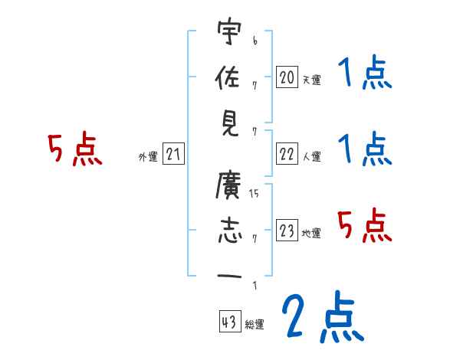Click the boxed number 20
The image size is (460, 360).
pos(287,77)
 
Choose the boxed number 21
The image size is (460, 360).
pos(173,155)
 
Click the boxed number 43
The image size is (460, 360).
pos(228,323)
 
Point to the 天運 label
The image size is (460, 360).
pos(311,80)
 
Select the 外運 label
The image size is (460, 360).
pos(147,157)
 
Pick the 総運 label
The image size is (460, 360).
pos(254,325)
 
